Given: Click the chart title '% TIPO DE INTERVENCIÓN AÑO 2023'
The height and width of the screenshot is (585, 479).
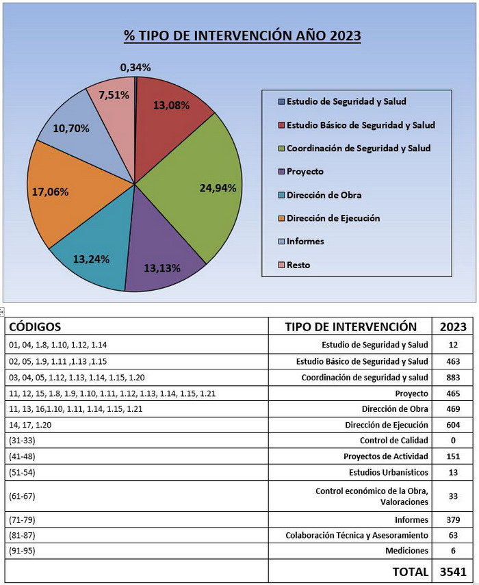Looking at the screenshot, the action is tap(242, 36).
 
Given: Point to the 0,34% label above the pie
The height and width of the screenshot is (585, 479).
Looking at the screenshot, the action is tap(135, 68).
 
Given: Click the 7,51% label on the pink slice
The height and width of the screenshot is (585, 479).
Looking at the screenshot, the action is tap(114, 95).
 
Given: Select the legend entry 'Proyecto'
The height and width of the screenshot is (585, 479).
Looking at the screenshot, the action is tap(305, 172).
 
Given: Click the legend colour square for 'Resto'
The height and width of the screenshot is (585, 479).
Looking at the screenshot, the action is tap(282, 265).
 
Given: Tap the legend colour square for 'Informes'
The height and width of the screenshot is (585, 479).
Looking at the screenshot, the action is tap(282, 242).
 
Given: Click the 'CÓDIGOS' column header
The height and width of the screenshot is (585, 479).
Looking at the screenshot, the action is tap(35, 326).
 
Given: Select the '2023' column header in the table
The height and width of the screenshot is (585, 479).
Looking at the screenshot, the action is tap(453, 327).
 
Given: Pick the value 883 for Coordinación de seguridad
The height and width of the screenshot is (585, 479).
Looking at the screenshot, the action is tap(453, 378).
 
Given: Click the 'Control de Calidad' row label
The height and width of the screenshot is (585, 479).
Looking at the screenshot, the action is tap(394, 441).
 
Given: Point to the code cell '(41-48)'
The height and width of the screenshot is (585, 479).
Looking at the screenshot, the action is tap(22, 456).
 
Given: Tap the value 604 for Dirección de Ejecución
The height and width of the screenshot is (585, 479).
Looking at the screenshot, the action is tap(453, 425).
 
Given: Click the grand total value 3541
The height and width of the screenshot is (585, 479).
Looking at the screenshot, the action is tap(453, 571).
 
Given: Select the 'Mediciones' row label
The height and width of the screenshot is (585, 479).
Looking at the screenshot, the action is tap(406, 551).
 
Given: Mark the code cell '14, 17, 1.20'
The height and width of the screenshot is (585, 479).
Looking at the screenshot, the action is tap(30, 425).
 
